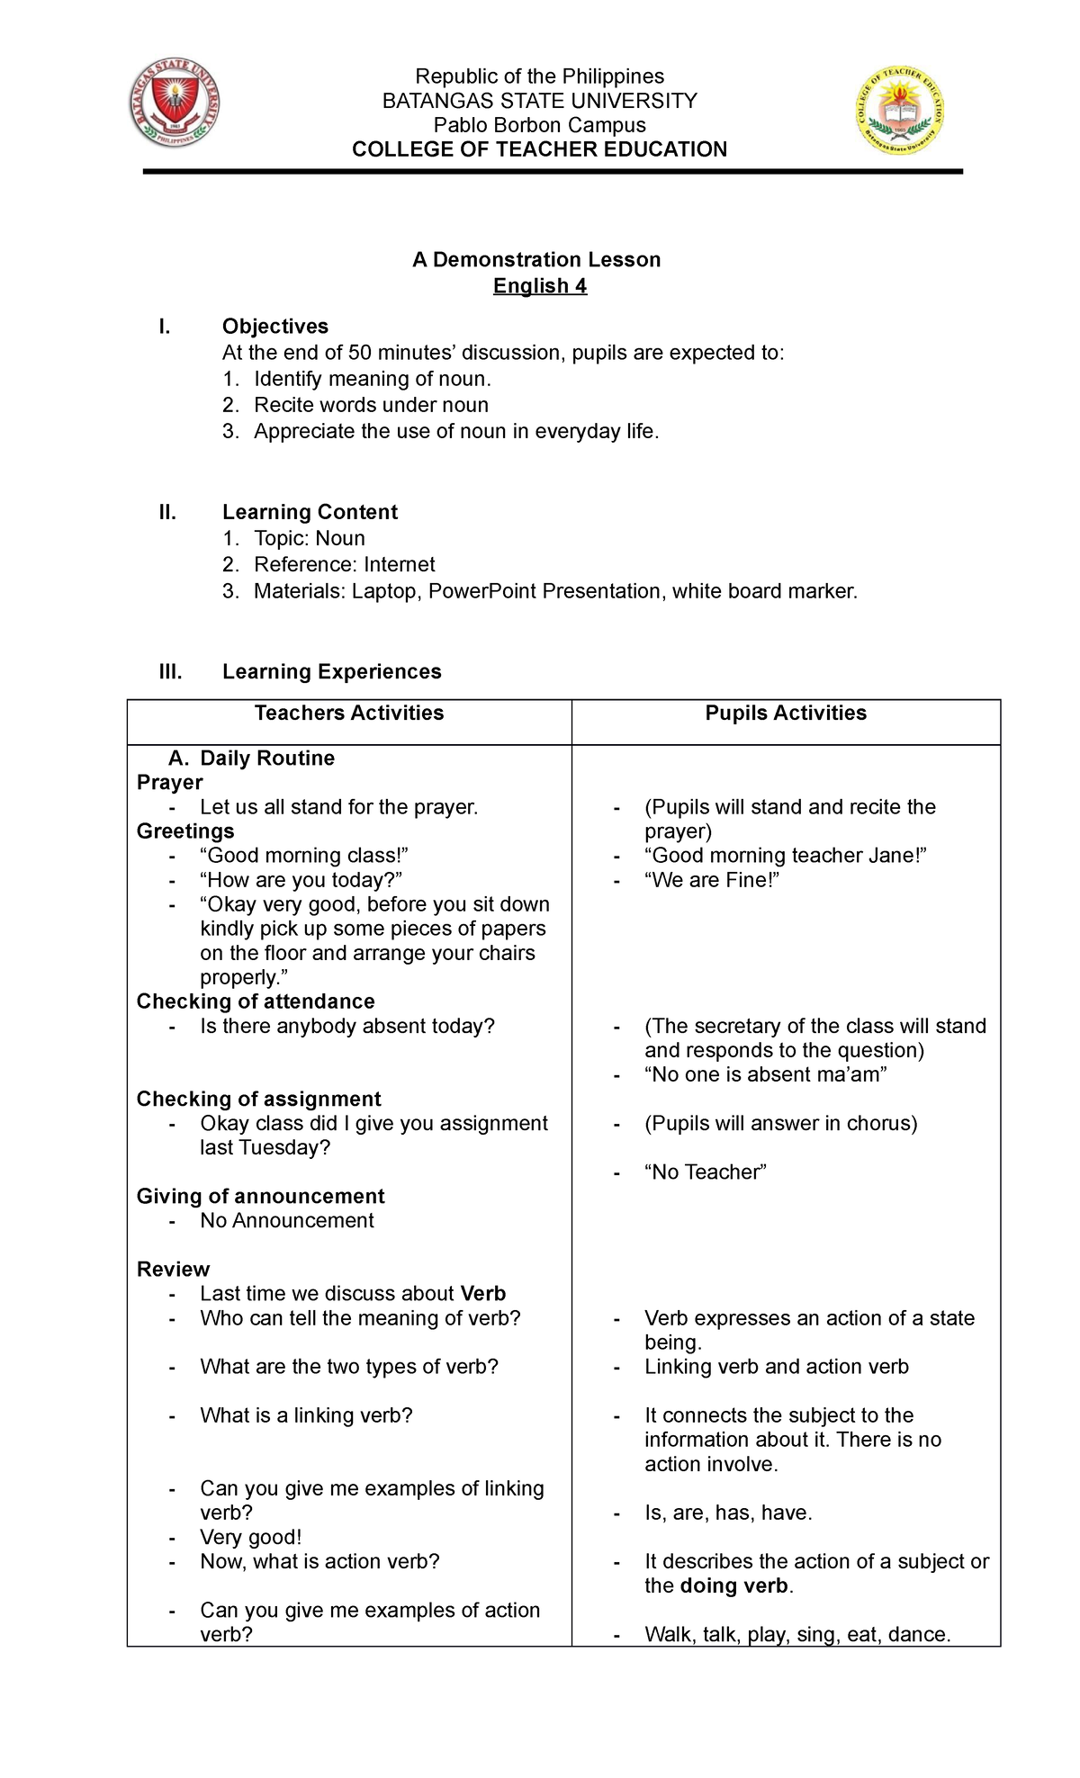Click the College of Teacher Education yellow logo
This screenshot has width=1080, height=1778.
tap(899, 111)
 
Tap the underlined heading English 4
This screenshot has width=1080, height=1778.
tap(540, 286)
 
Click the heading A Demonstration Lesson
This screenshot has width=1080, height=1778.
tap(536, 260)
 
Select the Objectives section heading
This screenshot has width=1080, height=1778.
tap(274, 327)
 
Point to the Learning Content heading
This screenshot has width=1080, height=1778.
tap(310, 512)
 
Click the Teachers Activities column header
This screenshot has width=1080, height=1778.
tap(349, 714)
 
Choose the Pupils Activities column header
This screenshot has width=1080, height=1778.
tap(786, 714)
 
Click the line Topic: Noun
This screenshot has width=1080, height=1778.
tap(309, 538)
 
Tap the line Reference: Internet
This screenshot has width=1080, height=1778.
tap(344, 564)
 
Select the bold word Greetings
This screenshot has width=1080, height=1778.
tap(185, 831)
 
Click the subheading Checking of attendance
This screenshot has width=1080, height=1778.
tap(256, 1001)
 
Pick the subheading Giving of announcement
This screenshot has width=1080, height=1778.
tap(260, 1196)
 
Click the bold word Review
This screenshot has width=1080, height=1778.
tap(173, 1269)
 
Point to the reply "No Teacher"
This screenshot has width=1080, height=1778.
tap(705, 1172)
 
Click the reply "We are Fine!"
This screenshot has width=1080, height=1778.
tap(711, 880)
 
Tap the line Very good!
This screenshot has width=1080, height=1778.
tap(250, 1537)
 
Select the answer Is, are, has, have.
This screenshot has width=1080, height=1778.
tap(728, 1513)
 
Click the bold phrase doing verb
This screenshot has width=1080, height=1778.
tap(733, 1585)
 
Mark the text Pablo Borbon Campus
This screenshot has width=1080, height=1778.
tap(540, 125)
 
